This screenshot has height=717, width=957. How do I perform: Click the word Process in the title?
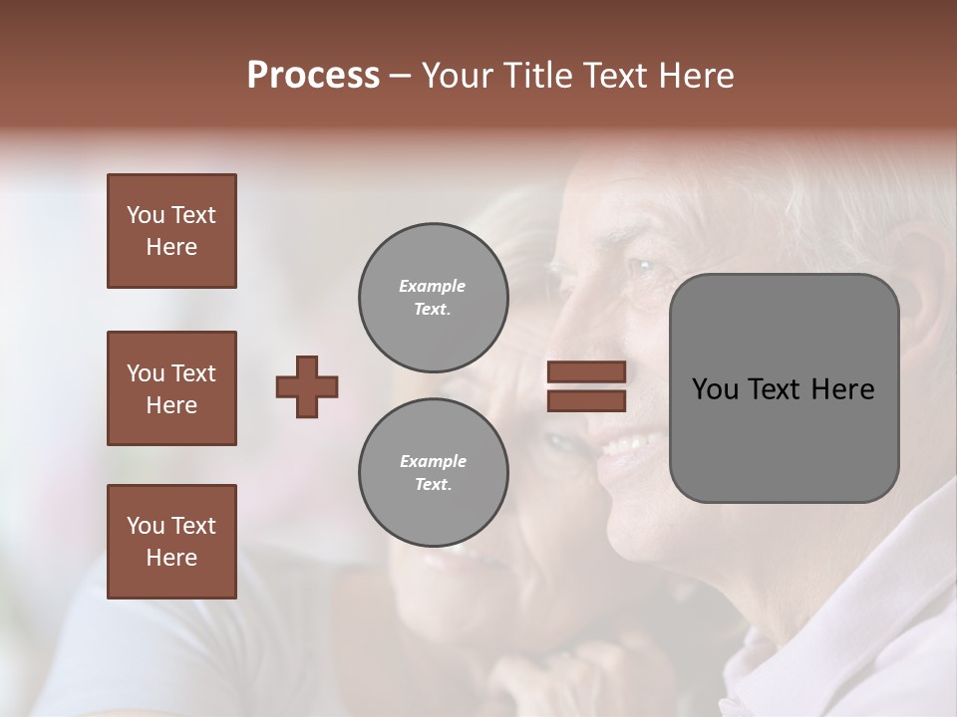point(313,76)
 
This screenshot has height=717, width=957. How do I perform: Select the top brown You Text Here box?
point(171,231)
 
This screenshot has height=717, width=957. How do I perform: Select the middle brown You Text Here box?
point(171,388)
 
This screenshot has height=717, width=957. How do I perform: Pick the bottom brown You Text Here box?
point(171,542)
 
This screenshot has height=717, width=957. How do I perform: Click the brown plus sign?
point(307,386)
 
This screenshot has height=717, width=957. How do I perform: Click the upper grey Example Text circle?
point(434,298)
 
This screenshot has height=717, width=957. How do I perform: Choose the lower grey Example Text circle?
point(434,473)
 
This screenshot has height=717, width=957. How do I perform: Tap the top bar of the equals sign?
point(587,372)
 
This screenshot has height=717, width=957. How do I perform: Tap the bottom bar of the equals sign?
point(587,400)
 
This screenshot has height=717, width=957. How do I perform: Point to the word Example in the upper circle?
point(432,286)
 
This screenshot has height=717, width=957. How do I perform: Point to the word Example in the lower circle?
point(433,461)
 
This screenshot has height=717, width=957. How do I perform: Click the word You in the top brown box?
point(146,215)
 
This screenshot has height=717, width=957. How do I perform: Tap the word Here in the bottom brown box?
point(171,558)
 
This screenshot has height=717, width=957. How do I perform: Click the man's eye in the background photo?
point(642,267)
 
